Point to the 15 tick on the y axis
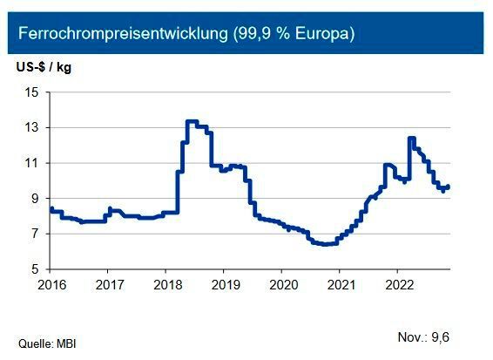click(x=31, y=92)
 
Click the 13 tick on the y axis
click(x=31, y=128)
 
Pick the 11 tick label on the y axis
click(x=31, y=163)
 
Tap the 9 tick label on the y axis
click(x=35, y=199)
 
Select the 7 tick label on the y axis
click(x=35, y=234)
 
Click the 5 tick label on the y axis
click(x=35, y=269)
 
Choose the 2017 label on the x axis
click(x=108, y=284)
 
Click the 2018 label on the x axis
click(x=166, y=284)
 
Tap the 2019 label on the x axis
click(x=225, y=284)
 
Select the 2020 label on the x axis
click(x=283, y=284)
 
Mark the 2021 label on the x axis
click(x=341, y=284)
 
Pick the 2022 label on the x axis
click(x=399, y=284)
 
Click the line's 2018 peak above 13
click(x=191, y=121)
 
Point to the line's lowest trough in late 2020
click(x=325, y=244)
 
